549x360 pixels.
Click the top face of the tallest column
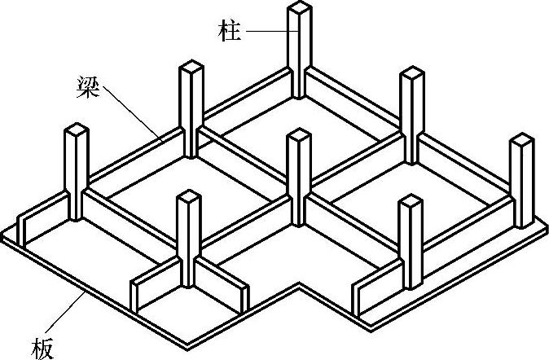click(300, 10)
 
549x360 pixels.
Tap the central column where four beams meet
click(299, 175)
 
